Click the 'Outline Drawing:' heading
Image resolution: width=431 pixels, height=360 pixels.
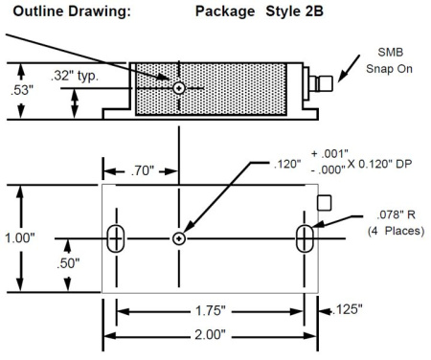point(72,11)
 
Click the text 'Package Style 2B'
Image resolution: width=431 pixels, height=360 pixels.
point(260,11)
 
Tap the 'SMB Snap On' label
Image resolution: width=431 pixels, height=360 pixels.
point(389,60)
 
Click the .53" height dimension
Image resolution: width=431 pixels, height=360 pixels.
point(22,90)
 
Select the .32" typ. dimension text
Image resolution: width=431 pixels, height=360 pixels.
point(75,76)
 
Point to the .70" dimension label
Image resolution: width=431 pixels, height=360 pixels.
point(143,170)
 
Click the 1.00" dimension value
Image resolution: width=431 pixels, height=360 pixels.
point(20,237)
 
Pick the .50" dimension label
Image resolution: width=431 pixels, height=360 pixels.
point(68,263)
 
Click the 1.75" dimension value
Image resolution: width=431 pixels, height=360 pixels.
point(210,310)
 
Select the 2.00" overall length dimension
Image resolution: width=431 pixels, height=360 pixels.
point(210,335)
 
